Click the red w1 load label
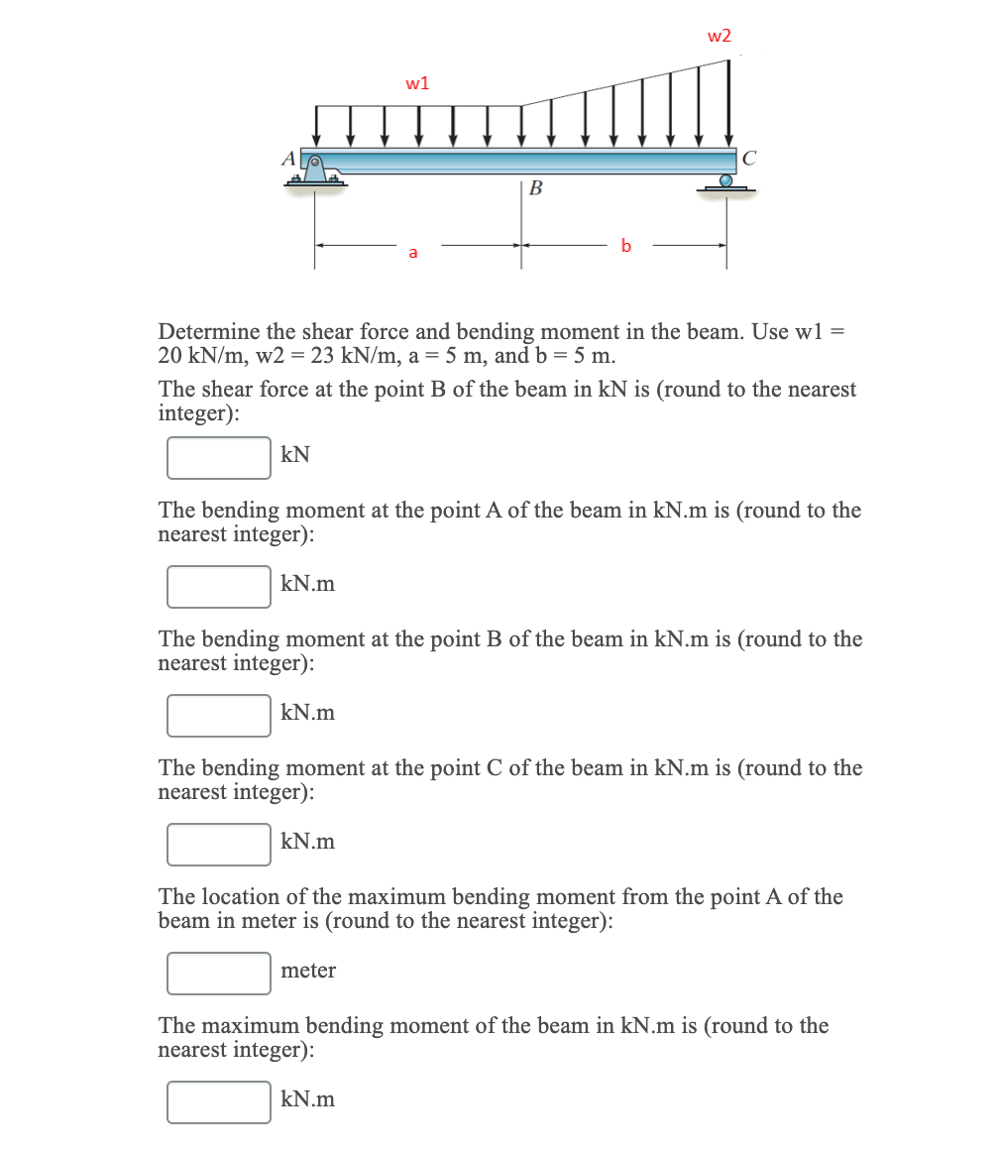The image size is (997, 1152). click(417, 83)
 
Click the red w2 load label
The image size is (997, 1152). click(719, 36)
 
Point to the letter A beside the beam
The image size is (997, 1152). click(288, 158)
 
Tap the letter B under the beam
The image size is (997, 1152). click(536, 187)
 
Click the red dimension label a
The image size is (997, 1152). click(413, 253)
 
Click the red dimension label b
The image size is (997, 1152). click(625, 244)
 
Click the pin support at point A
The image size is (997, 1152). click(316, 172)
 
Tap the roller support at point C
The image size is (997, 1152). click(727, 183)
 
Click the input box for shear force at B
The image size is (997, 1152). click(219, 458)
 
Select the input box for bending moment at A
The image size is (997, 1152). click(219, 587)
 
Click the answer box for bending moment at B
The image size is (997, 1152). click(219, 716)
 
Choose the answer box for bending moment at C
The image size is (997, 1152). click(219, 845)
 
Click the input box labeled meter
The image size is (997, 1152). click(219, 974)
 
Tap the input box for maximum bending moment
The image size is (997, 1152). click(219, 1102)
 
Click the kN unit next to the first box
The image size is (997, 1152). click(295, 455)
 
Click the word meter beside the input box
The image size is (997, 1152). click(308, 971)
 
